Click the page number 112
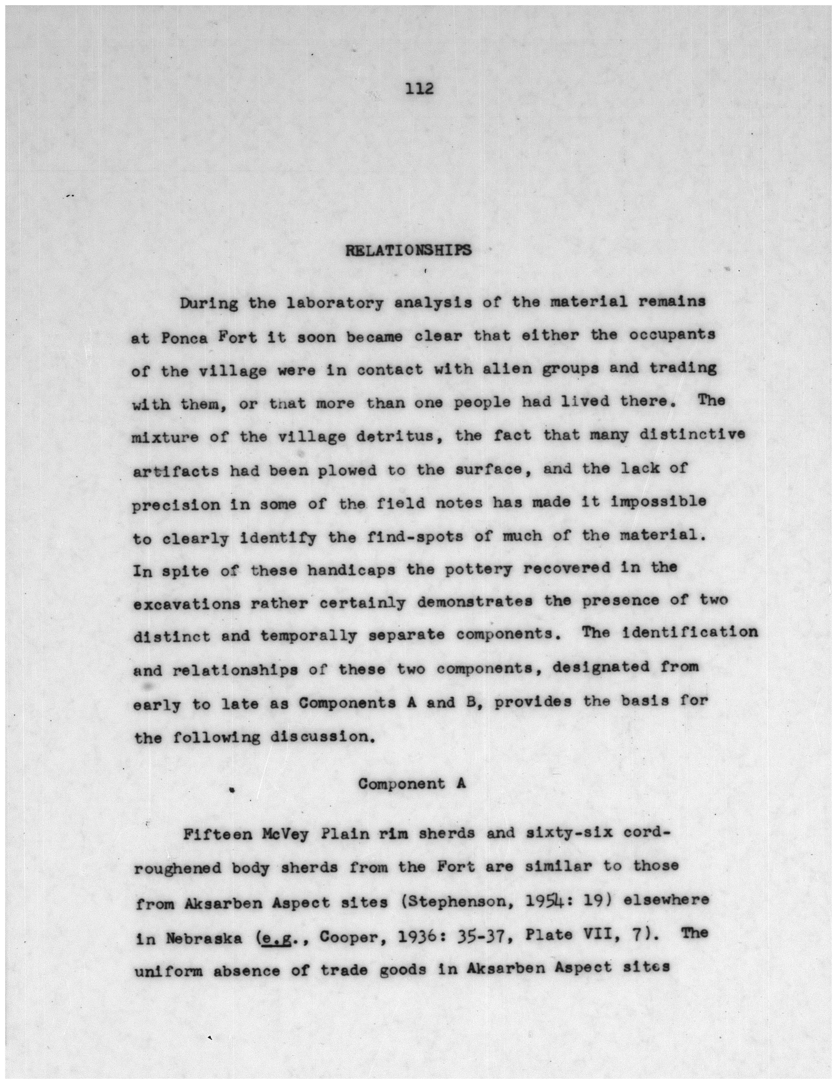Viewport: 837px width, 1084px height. point(420,89)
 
